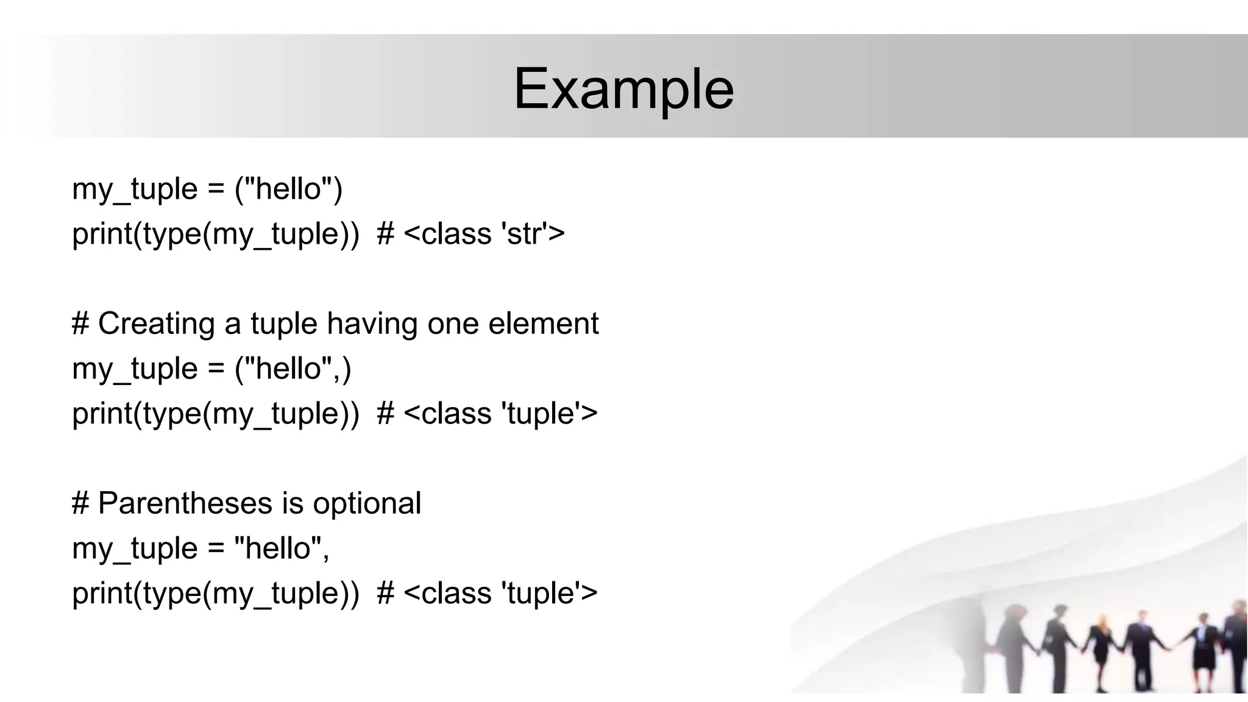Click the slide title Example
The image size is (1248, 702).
point(623,90)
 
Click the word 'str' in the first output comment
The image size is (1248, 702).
point(525,234)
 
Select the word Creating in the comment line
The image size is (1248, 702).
point(156,324)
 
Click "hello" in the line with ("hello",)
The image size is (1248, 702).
point(288,369)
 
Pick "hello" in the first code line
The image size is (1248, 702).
point(288,189)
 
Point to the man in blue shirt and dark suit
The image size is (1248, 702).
point(1138,646)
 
